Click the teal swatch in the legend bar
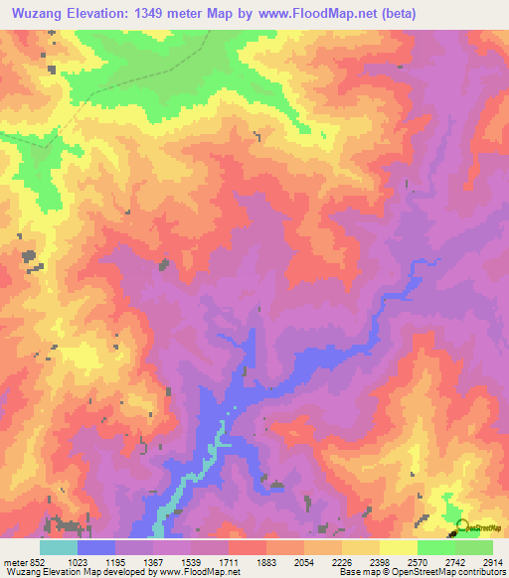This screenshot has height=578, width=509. (x=59, y=547)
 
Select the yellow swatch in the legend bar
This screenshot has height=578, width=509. (x=398, y=547)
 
